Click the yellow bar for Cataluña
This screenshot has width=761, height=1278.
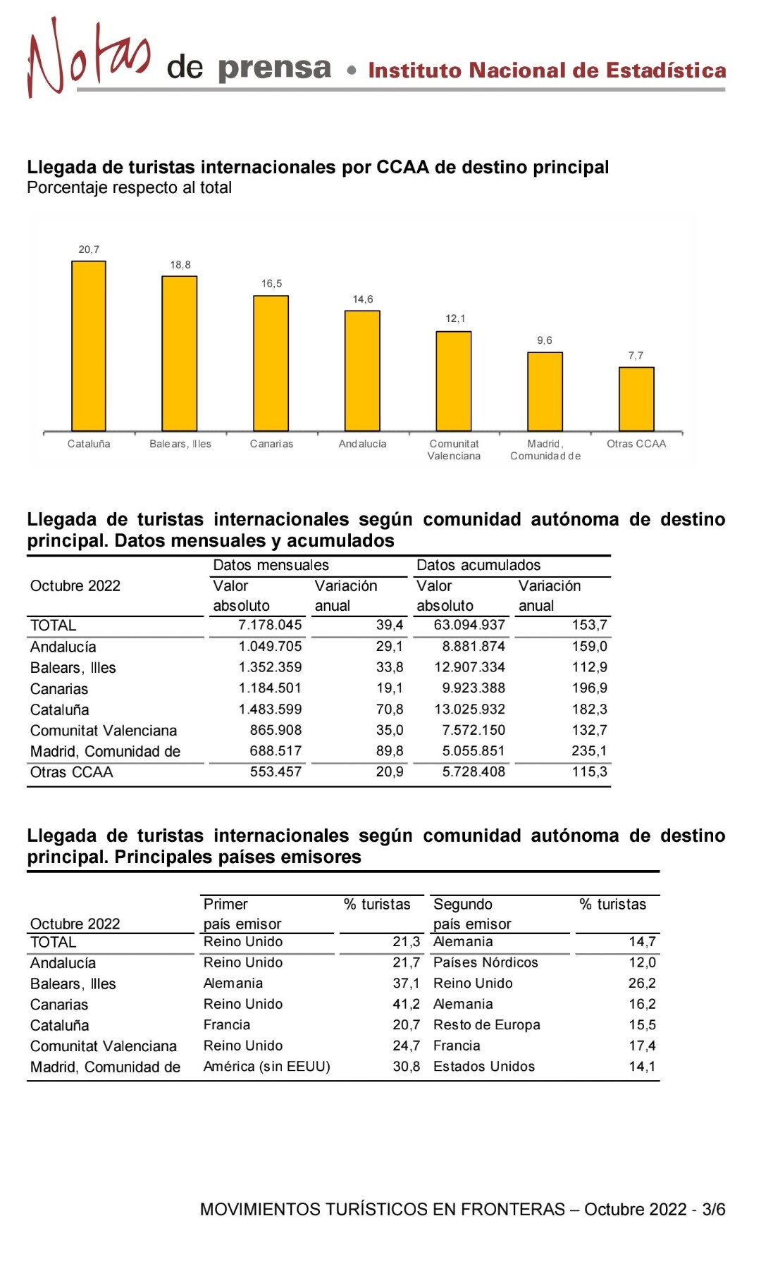click(x=89, y=346)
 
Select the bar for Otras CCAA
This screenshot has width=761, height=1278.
click(x=636, y=399)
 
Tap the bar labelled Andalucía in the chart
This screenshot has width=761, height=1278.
click(x=362, y=371)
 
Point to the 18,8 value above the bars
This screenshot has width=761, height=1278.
click(x=180, y=265)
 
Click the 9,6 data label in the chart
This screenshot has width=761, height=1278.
click(x=545, y=340)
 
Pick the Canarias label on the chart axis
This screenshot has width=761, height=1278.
click(x=271, y=444)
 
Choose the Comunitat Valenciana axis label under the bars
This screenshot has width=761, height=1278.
click(x=454, y=449)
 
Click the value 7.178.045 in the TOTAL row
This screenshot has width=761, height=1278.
click(x=270, y=625)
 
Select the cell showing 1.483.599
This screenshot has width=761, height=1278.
click(x=270, y=709)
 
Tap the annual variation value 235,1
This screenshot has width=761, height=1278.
click(x=590, y=751)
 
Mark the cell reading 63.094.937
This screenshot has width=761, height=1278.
click(x=469, y=625)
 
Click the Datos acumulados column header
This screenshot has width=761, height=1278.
click(x=478, y=565)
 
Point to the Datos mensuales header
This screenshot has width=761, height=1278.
click(x=271, y=565)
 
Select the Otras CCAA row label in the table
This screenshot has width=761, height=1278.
click(x=71, y=772)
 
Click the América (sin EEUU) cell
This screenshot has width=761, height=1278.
click(x=266, y=1067)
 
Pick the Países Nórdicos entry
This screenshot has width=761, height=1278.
click(x=485, y=962)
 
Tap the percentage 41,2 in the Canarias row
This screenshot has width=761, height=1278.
click(x=407, y=1004)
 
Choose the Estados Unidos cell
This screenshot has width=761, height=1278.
click(x=484, y=1067)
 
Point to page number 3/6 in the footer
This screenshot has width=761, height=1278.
click(x=714, y=1210)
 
